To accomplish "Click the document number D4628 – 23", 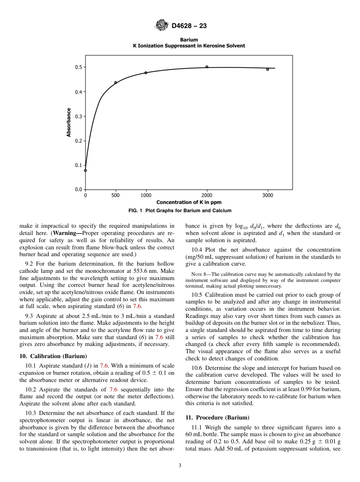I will [x=189, y=26].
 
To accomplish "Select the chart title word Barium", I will [x=189, y=39].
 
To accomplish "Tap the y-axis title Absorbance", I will [x=69, y=122].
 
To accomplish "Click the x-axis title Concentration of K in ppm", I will [x=189, y=202].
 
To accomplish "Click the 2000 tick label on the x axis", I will [x=207, y=196].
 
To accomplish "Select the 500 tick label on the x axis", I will [x=116, y=196].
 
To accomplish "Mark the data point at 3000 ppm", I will [x=268, y=69].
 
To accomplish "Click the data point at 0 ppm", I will [x=85, y=171].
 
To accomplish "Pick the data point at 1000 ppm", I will [x=146, y=73].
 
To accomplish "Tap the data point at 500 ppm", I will [x=116, y=83].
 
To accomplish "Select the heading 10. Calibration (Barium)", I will [x=53, y=356].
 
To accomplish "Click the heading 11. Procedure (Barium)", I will [x=217, y=418].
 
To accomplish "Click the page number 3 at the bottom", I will [x=180, y=466].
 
